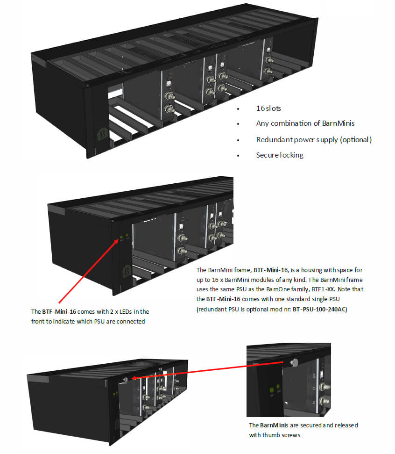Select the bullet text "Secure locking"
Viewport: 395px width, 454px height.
point(280,155)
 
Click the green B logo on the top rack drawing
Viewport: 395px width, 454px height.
point(100,135)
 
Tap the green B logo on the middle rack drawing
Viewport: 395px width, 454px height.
point(126,272)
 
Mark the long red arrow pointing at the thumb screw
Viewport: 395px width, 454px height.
point(208,369)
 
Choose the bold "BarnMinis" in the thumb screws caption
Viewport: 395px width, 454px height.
point(273,425)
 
